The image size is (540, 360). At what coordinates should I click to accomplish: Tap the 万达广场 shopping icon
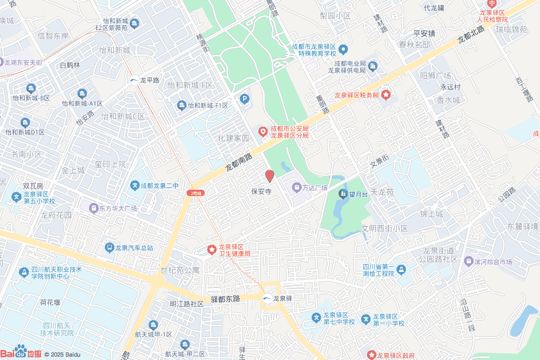tap(296, 187)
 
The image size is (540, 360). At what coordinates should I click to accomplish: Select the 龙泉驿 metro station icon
tap(267, 299)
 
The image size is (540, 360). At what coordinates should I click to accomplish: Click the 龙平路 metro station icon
tap(134, 81)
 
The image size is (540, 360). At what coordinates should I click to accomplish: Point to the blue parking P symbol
tap(244, 99)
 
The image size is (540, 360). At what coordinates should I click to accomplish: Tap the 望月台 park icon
tap(343, 194)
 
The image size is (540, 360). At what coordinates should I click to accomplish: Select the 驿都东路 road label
tap(225, 299)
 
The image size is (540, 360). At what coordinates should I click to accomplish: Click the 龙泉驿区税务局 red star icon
tap(386, 95)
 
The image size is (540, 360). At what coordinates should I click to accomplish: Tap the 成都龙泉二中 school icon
tap(135, 186)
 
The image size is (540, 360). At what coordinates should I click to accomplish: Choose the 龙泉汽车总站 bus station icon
tap(109, 247)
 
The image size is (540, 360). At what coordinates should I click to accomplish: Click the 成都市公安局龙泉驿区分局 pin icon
tap(262, 131)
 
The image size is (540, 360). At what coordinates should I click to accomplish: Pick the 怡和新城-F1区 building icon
tap(182, 105)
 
